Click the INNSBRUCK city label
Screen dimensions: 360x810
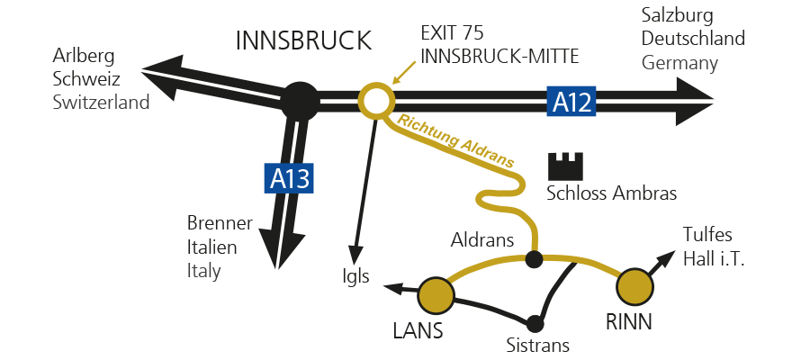coord(302,40)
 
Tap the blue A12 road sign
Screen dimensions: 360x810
coord(572,102)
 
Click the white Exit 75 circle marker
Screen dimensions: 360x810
coord(375,101)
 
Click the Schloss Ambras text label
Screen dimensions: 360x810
coord(611,193)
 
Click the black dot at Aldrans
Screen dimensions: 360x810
coord(534,260)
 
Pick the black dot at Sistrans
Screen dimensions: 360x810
coord(536,323)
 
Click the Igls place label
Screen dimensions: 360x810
coord(356,276)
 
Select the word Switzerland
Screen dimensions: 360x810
coord(101,103)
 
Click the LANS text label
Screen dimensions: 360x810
coord(418,331)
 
